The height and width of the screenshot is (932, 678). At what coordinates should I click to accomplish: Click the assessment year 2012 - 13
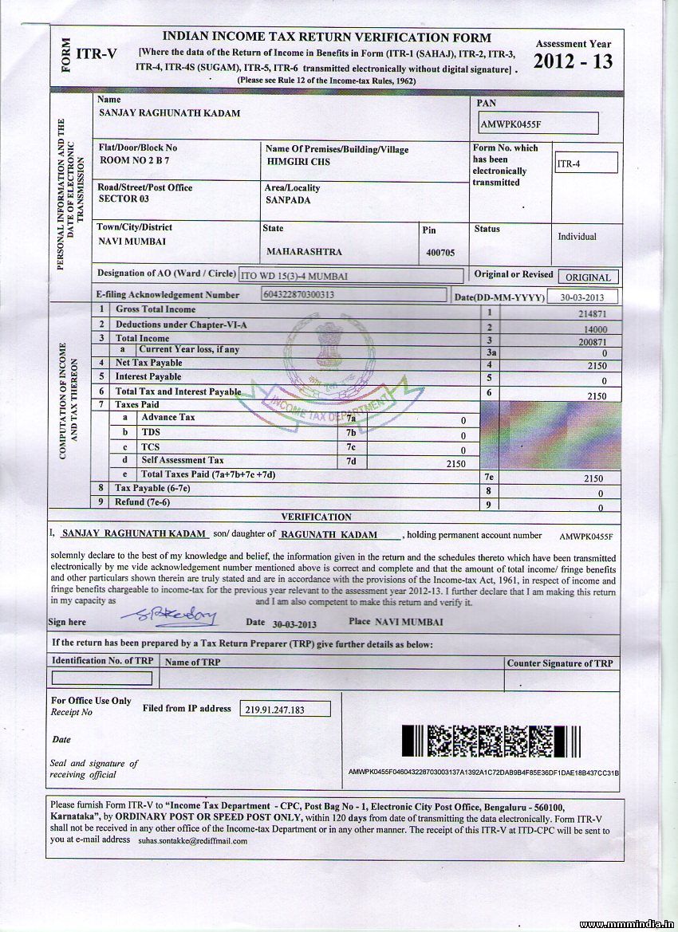click(x=573, y=61)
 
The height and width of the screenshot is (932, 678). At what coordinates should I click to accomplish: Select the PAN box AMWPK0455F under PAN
click(x=538, y=124)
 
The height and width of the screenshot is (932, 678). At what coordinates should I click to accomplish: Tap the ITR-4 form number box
click(x=585, y=163)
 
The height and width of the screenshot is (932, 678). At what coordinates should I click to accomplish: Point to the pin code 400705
click(x=440, y=252)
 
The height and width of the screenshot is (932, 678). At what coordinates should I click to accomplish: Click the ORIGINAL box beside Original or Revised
click(x=588, y=277)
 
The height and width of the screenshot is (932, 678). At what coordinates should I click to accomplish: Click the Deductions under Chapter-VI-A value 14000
click(x=595, y=329)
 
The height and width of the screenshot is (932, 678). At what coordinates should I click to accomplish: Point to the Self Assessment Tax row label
click(x=183, y=460)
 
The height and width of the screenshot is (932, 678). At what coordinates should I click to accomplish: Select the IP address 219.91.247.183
click(x=276, y=709)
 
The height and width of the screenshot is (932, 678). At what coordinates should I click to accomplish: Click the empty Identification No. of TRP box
click(x=101, y=678)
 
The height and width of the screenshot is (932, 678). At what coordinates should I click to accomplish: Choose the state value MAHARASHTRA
click(x=304, y=252)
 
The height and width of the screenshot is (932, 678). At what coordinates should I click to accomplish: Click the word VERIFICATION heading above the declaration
click(x=316, y=517)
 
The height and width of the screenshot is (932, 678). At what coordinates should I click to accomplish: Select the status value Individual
click(x=577, y=237)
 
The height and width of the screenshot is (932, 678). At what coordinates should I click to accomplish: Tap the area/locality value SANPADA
click(x=288, y=200)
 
